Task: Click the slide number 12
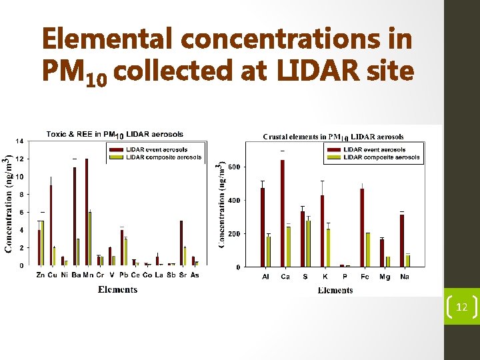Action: click(x=461, y=307)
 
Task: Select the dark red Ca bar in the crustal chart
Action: click(x=282, y=213)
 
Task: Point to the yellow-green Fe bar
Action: click(x=367, y=249)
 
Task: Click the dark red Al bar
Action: click(x=263, y=227)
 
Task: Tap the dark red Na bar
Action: click(x=402, y=240)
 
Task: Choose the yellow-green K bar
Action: click(x=328, y=247)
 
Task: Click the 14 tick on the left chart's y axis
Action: click(x=20, y=141)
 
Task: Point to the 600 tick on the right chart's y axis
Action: click(x=234, y=167)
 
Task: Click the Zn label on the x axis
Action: click(x=41, y=275)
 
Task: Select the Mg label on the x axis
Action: click(x=385, y=277)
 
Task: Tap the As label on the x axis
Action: click(x=195, y=275)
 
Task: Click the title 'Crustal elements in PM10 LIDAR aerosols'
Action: click(x=333, y=137)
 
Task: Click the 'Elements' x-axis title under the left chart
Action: click(x=117, y=289)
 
